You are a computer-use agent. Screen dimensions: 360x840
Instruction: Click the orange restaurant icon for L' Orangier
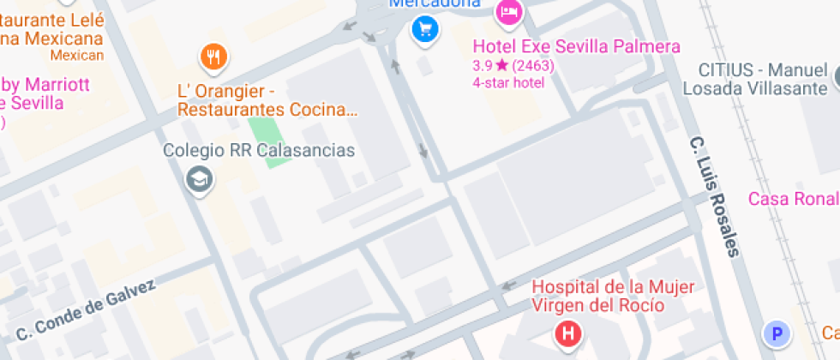[x=213, y=57]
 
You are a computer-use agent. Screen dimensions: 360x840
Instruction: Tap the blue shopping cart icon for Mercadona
[x=424, y=31]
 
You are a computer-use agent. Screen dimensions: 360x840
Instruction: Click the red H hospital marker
[x=567, y=333]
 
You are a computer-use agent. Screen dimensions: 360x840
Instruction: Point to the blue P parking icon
[x=776, y=333]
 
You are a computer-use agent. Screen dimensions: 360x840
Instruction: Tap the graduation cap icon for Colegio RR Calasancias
[x=201, y=179]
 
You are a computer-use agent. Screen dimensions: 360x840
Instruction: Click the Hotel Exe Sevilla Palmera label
[x=576, y=46]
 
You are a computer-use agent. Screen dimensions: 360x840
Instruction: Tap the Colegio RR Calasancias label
[x=259, y=151]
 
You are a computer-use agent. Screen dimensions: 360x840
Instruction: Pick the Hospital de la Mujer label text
[x=614, y=286]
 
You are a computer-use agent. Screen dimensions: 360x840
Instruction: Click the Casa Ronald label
[x=793, y=199]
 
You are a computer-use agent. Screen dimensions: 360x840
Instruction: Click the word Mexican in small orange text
[x=77, y=56]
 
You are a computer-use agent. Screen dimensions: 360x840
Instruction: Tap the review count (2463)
[x=533, y=65]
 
